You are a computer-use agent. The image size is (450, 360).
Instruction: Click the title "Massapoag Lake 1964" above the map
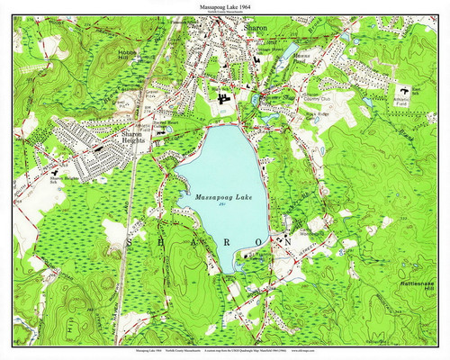[x=224, y=6]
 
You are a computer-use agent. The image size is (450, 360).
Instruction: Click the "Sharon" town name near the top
[x=251, y=28]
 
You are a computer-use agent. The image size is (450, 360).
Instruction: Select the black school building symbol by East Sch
[x=403, y=91]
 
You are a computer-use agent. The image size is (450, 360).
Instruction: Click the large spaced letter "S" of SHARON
[x=132, y=242]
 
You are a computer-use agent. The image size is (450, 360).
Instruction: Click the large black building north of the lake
[x=223, y=94]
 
